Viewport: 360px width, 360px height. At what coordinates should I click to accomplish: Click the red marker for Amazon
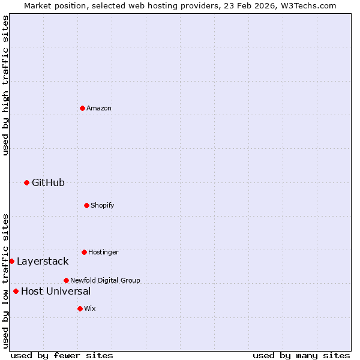pyautogui.click(x=82, y=108)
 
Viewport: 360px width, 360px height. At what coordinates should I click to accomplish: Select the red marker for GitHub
pyautogui.click(x=26, y=182)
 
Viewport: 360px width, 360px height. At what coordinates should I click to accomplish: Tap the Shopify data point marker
pyautogui.click(x=86, y=205)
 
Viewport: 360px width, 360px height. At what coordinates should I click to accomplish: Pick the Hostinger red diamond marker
pyautogui.click(x=84, y=252)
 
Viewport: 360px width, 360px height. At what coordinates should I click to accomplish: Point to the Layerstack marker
pyautogui.click(x=11, y=261)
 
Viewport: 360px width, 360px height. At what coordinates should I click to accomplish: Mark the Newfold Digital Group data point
pyautogui.click(x=66, y=280)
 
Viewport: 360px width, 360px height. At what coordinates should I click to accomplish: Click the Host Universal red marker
pyautogui.click(x=16, y=291)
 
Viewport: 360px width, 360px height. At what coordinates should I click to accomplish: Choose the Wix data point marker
pyautogui.click(x=80, y=308)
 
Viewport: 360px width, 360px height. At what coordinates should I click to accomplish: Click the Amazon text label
pyautogui.click(x=99, y=108)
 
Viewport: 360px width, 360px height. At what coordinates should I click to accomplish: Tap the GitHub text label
pyautogui.click(x=48, y=182)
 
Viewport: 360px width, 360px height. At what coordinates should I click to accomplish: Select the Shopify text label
pyautogui.click(x=102, y=205)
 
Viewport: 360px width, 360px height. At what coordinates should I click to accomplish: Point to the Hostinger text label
pyautogui.click(x=103, y=252)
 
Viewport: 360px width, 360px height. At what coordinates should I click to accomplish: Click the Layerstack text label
pyautogui.click(x=43, y=261)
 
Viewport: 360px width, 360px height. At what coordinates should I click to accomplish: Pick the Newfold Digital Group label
pyautogui.click(x=105, y=280)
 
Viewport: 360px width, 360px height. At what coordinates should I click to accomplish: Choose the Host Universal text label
pyautogui.click(x=56, y=291)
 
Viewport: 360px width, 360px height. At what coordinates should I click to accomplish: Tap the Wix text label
pyautogui.click(x=90, y=308)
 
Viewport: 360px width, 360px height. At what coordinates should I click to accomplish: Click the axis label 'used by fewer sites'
pyautogui.click(x=62, y=355)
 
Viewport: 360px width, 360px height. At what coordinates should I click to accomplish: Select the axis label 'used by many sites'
pyautogui.click(x=301, y=355)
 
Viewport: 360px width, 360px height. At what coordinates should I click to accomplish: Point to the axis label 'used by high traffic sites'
pyautogui.click(x=5, y=85)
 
